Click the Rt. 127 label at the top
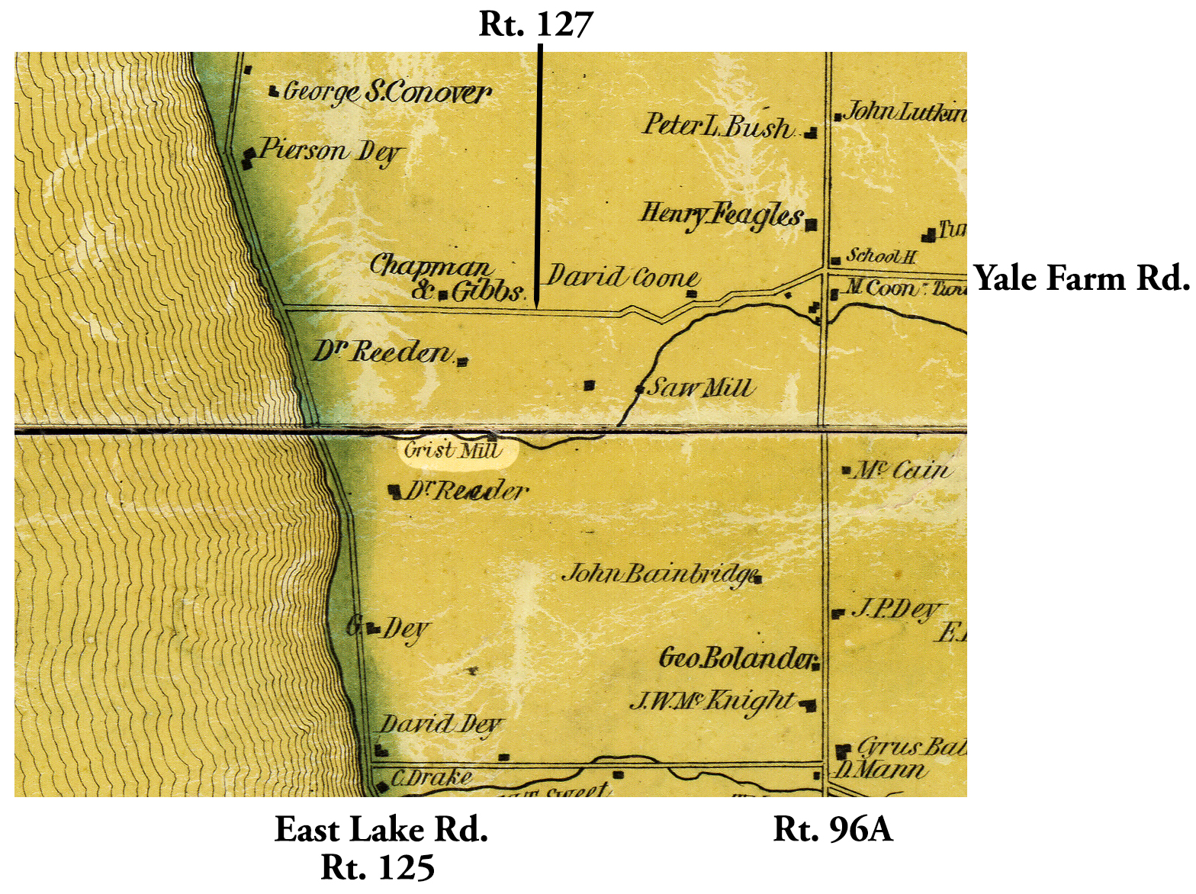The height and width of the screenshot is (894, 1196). coord(535,24)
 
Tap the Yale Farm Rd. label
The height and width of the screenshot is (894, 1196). coord(1082,278)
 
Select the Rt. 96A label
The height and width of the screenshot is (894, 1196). coord(833,829)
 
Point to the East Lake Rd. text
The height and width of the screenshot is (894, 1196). coord(381,830)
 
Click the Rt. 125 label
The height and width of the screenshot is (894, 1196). coord(378,867)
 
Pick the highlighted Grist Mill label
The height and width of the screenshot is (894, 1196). coord(453,451)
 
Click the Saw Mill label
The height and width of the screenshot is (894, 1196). coord(700,388)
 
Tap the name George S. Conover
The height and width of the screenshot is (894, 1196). coord(387,92)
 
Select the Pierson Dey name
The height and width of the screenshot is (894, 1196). coord(330,150)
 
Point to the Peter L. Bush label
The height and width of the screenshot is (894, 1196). coord(718,126)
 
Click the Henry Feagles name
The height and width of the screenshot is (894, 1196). coord(722,216)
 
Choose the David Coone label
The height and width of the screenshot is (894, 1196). coord(623,277)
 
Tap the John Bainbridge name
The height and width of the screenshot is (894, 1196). coord(659,574)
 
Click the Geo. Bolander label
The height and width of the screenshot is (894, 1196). coord(737,658)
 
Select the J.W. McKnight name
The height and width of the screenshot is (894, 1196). coord(712,701)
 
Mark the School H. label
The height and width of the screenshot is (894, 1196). coord(881,256)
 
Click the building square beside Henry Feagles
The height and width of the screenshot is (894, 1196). coord(812,224)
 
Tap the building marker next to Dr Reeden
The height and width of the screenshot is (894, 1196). coord(461,362)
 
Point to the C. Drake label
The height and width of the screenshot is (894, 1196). coord(431,779)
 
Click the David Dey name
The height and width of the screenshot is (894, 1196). coord(441,725)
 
